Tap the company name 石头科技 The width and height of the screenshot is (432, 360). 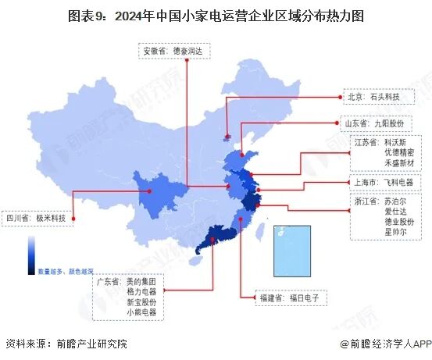click(384, 98)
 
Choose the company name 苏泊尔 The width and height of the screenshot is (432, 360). click(395, 201)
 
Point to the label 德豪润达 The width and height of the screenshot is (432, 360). click(187, 51)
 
